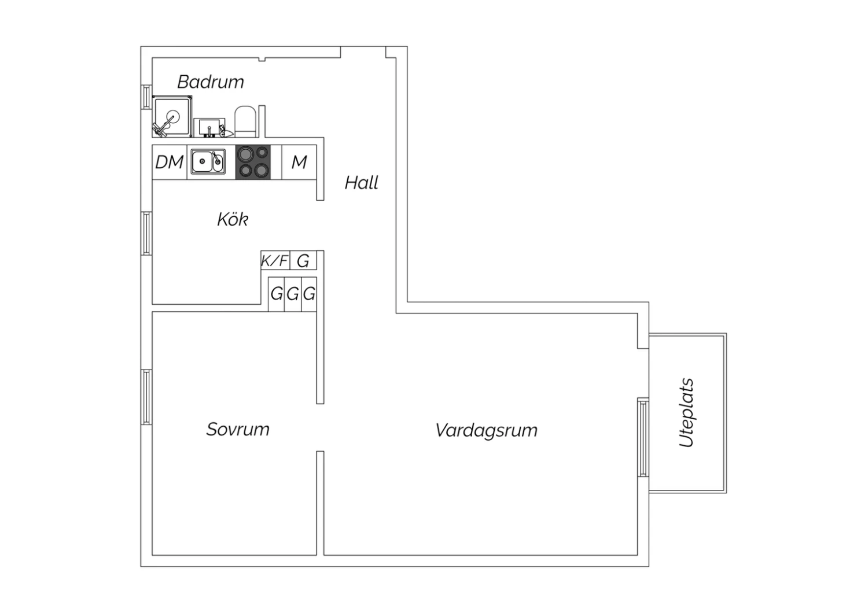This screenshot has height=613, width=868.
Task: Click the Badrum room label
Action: (x=211, y=82)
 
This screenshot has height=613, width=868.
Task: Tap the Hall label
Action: (x=361, y=183)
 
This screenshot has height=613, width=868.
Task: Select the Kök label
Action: (x=233, y=219)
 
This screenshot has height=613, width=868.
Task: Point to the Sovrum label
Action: (x=237, y=430)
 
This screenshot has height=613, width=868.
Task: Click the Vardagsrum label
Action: (x=486, y=431)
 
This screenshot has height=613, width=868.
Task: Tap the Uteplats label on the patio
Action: (x=687, y=412)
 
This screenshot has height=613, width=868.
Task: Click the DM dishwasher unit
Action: (x=170, y=163)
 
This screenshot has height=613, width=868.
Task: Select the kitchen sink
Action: (x=208, y=161)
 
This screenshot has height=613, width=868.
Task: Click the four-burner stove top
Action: (x=253, y=163)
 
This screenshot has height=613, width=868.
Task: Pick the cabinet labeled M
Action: (x=299, y=163)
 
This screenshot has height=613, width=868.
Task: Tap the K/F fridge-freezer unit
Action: (x=275, y=260)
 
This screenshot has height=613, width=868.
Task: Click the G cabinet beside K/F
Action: (x=303, y=260)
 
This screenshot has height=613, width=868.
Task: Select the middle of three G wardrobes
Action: (x=293, y=294)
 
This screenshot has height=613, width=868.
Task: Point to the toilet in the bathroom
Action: (x=245, y=121)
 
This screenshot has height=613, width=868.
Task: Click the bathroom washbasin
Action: (x=209, y=127)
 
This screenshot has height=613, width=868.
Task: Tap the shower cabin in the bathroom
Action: (x=172, y=117)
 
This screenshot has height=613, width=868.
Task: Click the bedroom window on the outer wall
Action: (x=146, y=397)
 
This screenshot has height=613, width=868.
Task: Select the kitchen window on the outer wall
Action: (x=146, y=234)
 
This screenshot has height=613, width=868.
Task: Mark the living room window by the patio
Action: (x=643, y=437)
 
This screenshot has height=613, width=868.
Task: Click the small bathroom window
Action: (x=146, y=97)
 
